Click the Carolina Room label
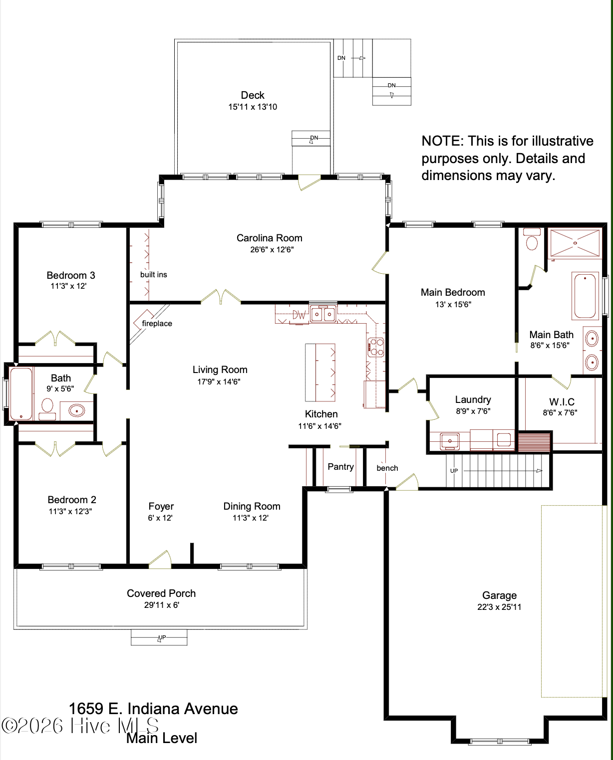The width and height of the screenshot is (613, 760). pyautogui.click(x=270, y=238)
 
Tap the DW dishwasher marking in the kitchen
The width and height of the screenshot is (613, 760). pyautogui.click(x=299, y=315)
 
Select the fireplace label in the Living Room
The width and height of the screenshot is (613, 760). pyautogui.click(x=157, y=324)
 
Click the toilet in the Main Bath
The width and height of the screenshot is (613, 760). pyautogui.click(x=532, y=239)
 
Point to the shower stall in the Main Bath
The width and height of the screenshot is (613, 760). pyautogui.click(x=575, y=243)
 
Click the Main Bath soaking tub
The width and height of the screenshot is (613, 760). pyautogui.click(x=585, y=296)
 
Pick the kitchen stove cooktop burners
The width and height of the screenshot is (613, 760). pyautogui.click(x=376, y=348)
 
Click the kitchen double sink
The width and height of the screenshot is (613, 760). pyautogui.click(x=323, y=314)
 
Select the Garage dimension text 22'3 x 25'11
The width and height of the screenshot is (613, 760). pyautogui.click(x=499, y=607)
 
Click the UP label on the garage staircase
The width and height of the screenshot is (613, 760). pyautogui.click(x=454, y=471)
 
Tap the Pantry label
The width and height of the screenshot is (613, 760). pyautogui.click(x=340, y=467)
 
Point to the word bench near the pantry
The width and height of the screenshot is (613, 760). pyautogui.click(x=387, y=468)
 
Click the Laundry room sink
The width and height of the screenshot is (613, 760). pyautogui.click(x=450, y=441)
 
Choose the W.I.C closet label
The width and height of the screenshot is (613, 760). pyautogui.click(x=562, y=402)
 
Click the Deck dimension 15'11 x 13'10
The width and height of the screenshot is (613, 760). pyautogui.click(x=253, y=107)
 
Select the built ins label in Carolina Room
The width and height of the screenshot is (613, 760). pyautogui.click(x=153, y=275)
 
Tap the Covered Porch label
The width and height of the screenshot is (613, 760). pyautogui.click(x=161, y=593)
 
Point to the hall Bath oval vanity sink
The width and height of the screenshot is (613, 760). pyautogui.click(x=76, y=411)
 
